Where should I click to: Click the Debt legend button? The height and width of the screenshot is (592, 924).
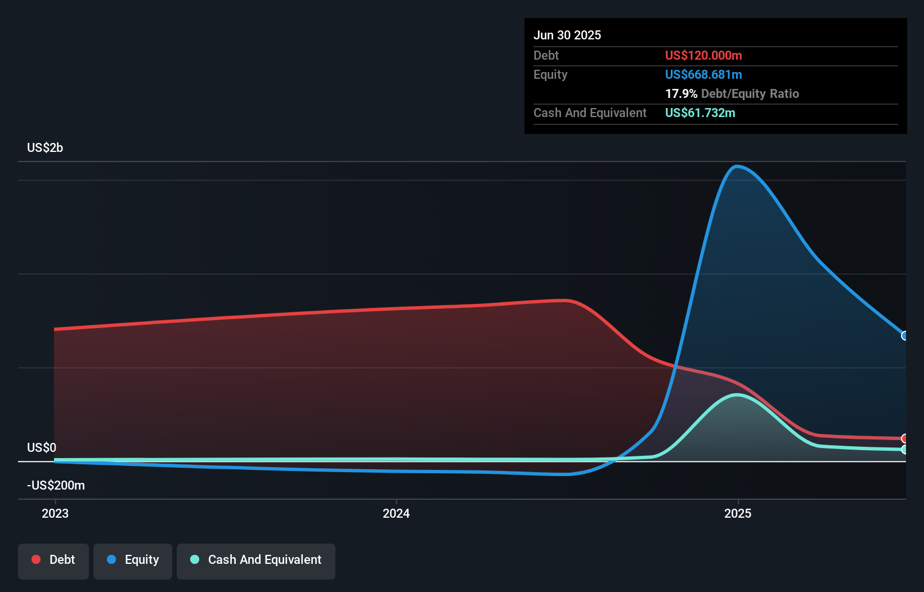(53, 560)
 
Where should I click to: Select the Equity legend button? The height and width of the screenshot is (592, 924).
(133, 560)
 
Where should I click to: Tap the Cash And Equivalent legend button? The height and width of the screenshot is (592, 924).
(256, 560)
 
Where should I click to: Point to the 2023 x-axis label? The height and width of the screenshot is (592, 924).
(55, 513)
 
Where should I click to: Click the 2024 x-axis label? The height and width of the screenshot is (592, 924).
(396, 513)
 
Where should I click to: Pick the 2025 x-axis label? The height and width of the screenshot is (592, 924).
(738, 513)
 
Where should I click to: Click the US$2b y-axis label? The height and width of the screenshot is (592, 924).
(45, 148)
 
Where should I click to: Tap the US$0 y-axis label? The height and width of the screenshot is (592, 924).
(42, 448)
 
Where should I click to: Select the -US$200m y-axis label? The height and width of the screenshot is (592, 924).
(56, 486)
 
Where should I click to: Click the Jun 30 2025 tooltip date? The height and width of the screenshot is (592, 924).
(567, 35)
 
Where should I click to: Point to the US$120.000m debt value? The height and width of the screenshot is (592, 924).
(703, 56)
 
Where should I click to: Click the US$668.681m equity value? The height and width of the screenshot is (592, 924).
(703, 75)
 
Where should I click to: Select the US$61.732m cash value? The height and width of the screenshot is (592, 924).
(700, 113)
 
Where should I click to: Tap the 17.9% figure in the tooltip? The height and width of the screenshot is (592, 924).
(681, 94)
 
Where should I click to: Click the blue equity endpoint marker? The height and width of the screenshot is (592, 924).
(905, 336)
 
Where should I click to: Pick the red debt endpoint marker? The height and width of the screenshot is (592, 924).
(905, 438)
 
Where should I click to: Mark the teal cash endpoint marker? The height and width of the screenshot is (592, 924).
(905, 450)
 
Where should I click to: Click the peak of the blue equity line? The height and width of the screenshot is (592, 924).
(737, 166)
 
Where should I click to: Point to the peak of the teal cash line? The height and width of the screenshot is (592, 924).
(737, 395)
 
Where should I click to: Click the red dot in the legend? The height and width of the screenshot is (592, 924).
(36, 559)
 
